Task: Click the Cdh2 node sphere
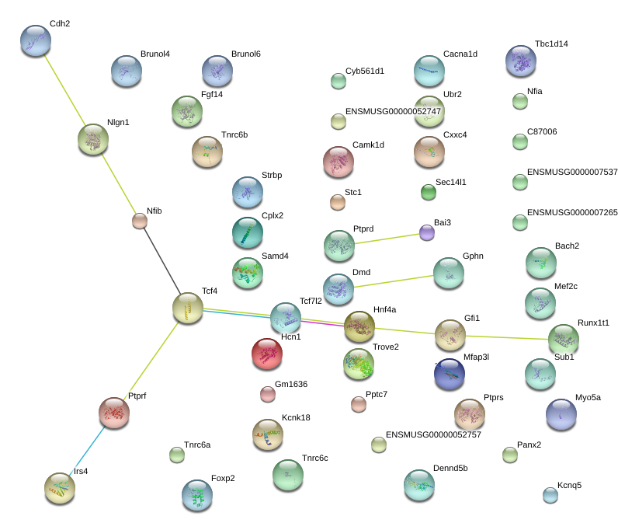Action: pyautogui.click(x=35, y=40)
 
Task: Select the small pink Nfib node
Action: pyautogui.click(x=140, y=221)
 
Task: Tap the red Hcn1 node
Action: pyautogui.click(x=267, y=354)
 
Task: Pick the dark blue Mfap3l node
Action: pyautogui.click(x=450, y=374)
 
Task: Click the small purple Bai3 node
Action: pyautogui.click(x=427, y=232)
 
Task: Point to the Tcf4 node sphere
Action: pyautogui.click(x=187, y=309)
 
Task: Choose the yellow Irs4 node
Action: pyautogui.click(x=60, y=487)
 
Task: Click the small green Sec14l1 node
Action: pyautogui.click(x=429, y=191)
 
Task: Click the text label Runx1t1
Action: pyautogui.click(x=593, y=323)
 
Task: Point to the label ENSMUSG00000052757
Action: pyautogui.click(x=433, y=434)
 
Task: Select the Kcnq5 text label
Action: pyautogui.click(x=569, y=485)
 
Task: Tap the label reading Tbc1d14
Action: pyautogui.click(x=551, y=44)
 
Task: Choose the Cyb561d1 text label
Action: pyautogui.click(x=365, y=71)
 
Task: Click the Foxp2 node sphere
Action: pyautogui.click(x=196, y=495)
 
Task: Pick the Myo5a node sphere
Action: pyautogui.click(x=561, y=414)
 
